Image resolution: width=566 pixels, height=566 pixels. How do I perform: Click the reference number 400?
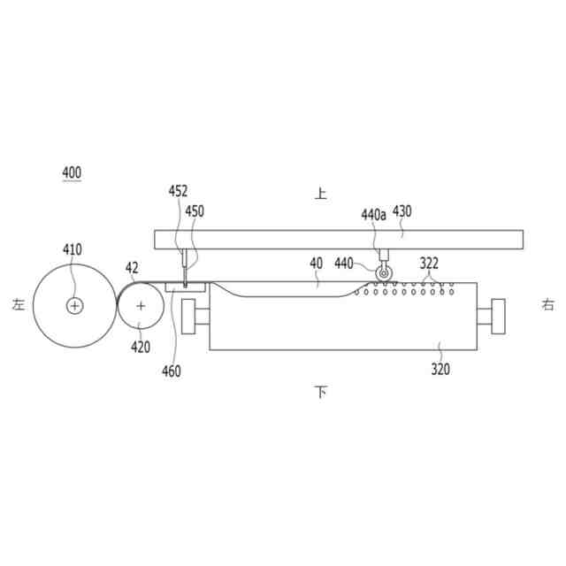[x=72, y=172]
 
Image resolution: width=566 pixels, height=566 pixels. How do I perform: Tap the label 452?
[x=178, y=191]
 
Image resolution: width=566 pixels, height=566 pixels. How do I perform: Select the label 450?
[x=195, y=211]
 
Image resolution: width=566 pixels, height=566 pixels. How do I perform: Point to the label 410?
[x=73, y=249]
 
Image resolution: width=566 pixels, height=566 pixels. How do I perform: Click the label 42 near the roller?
[x=132, y=268]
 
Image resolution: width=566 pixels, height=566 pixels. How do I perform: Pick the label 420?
[x=141, y=348]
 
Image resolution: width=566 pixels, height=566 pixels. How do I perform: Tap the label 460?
[x=172, y=371]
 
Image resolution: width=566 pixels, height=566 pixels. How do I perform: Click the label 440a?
[x=373, y=215]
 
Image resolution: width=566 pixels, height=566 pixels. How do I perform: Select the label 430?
[x=402, y=211]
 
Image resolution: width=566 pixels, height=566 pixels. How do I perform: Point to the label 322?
[x=429, y=264]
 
